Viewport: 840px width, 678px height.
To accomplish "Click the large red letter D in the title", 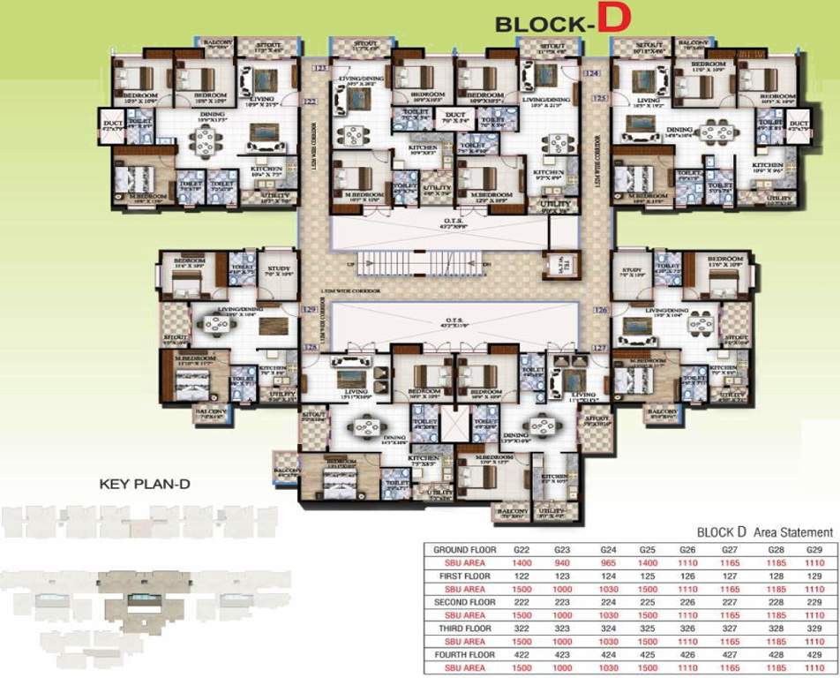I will (612, 22).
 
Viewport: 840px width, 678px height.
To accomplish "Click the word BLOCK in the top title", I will (540, 25).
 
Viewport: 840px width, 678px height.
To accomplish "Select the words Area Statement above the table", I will (791, 532).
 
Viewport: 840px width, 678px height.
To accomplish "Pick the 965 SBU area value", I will (607, 561).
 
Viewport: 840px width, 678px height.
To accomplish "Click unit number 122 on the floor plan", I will (310, 102).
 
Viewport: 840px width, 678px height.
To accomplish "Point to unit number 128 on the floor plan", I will (310, 348).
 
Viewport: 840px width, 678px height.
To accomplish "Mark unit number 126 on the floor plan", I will (601, 310).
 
